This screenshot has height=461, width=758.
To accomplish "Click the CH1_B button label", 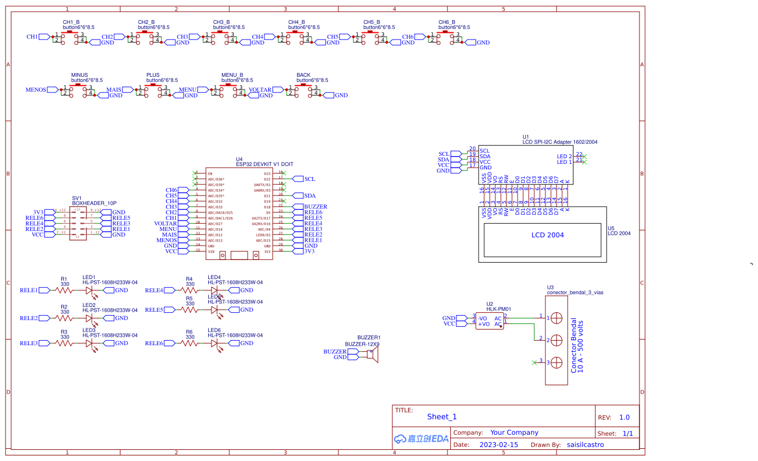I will coord(71,22).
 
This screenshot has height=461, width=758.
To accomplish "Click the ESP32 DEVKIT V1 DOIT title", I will coord(264,164).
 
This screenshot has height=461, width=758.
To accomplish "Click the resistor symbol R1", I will coord(65,290).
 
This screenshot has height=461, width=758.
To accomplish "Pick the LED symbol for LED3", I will coord(89,344).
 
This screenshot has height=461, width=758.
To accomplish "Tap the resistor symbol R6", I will coord(190,344).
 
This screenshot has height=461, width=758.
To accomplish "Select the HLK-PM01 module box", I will coord(489,321).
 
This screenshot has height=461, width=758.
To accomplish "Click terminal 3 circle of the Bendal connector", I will coord(556,362).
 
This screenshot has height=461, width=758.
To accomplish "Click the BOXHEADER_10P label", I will coord(94,203).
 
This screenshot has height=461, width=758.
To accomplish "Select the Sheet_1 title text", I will coord(441,416).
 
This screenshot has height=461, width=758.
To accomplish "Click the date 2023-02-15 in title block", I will coord(498,445).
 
